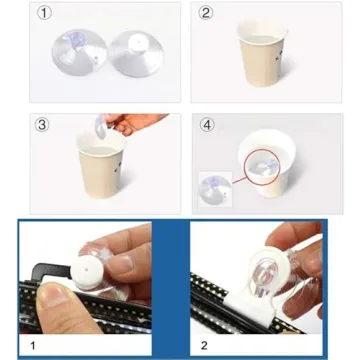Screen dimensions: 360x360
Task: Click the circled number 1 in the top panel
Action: click(x=43, y=14)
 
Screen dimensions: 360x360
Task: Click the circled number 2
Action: click(x=206, y=14)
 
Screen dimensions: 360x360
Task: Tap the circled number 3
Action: click(x=43, y=125)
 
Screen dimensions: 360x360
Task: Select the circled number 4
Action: click(x=206, y=125)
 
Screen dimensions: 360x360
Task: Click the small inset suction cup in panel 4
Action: click(x=213, y=187)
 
